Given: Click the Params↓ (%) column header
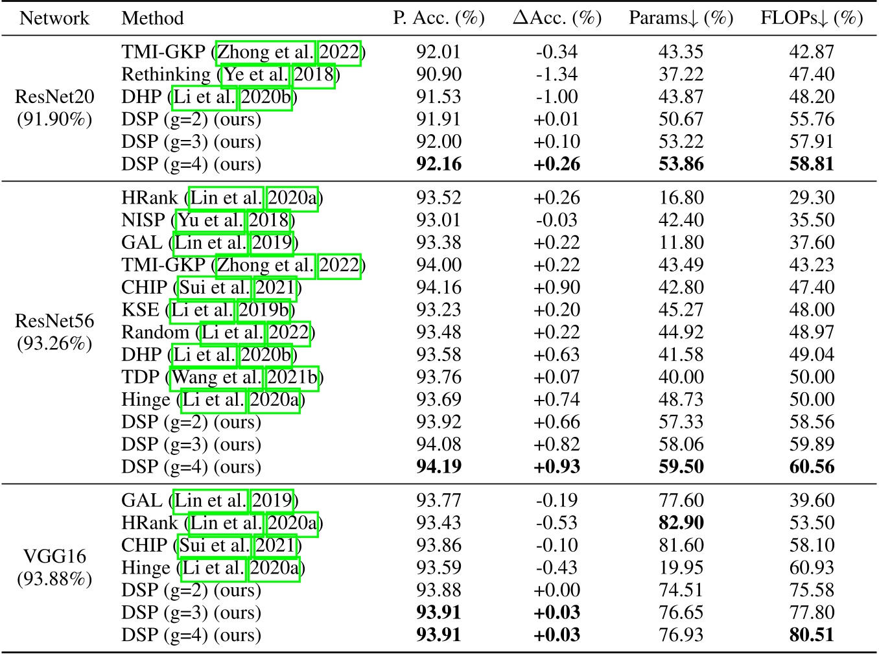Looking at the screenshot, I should pos(681,18).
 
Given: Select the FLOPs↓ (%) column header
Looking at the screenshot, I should pos(812,18).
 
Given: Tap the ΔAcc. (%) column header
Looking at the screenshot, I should pos(557,18).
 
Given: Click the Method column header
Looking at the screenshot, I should pos(152,18).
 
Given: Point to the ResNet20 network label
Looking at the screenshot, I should pos(54,97).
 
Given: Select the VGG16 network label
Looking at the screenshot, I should pos(54,556).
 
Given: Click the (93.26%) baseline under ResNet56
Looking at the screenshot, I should pos(54,343).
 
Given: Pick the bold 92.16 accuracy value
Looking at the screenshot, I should pos(439,164).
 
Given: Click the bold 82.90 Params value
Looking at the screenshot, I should pos(681,522).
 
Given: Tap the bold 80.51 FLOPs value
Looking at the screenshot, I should pos(812,635).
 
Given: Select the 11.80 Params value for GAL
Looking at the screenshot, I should pos(681,242).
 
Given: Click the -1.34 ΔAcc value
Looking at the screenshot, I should pos(557,75).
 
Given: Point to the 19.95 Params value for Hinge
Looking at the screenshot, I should pos(681,568).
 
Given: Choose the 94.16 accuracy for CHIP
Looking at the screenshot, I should pos(439,287).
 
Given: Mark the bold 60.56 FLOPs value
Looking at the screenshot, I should pos(812,467).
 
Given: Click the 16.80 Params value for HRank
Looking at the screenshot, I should pos(681,198).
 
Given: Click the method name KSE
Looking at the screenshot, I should pos(140,310).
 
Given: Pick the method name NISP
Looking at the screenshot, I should pos(143,220).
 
